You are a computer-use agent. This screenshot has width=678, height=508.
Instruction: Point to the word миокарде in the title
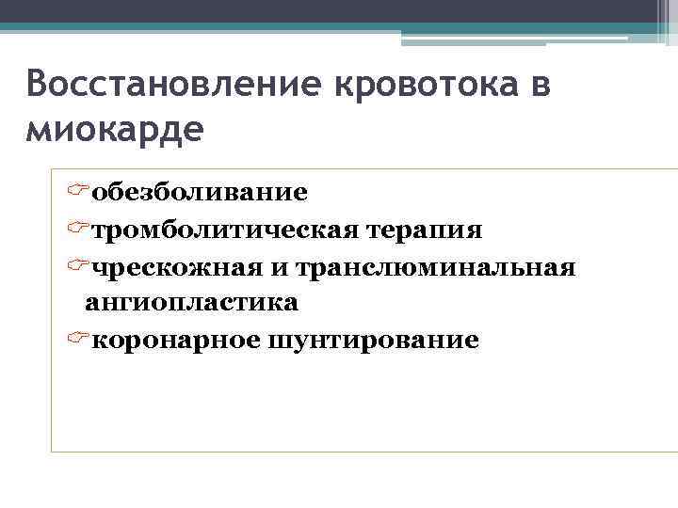coord(114,128)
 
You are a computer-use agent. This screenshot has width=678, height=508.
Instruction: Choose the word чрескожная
coord(179,268)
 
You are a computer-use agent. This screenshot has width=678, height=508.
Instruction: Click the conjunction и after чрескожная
coord(282,268)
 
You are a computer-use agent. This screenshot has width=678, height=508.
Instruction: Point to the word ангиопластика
coord(191,302)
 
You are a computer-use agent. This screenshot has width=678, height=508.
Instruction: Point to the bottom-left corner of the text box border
coord(52,451)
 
